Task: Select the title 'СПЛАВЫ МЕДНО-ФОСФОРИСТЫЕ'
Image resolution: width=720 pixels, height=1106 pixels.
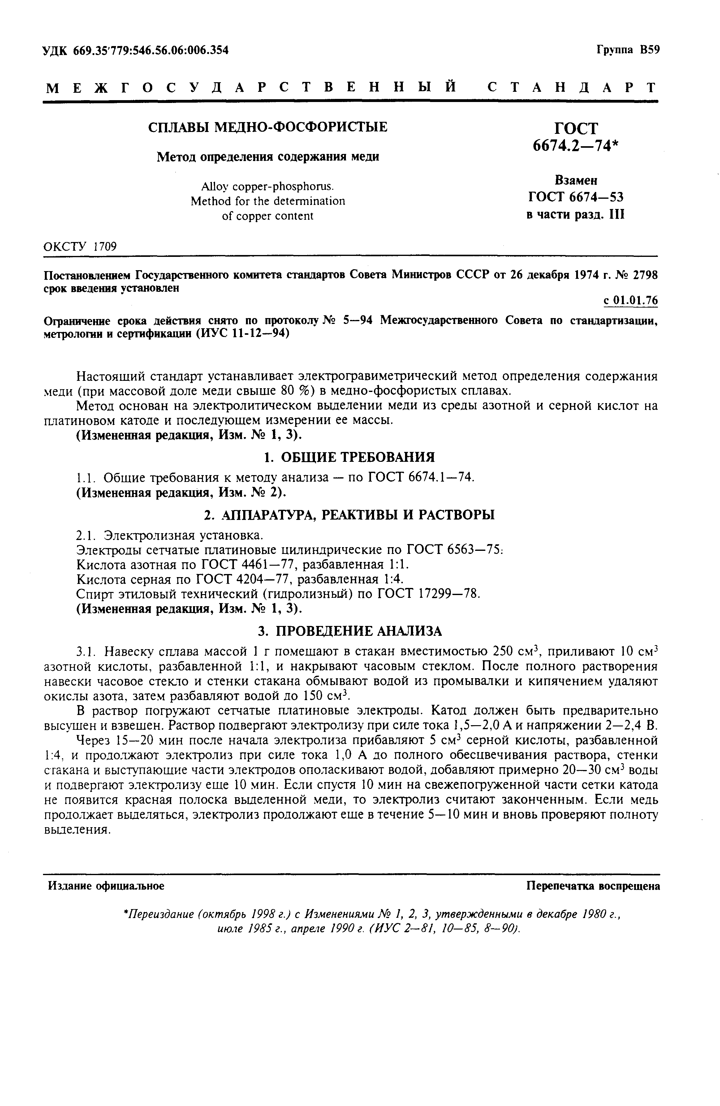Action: pyautogui.click(x=267, y=127)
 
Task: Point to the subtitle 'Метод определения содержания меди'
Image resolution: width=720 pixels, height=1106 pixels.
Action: pyautogui.click(x=267, y=157)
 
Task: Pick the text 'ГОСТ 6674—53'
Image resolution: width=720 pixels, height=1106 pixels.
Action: pyautogui.click(x=576, y=198)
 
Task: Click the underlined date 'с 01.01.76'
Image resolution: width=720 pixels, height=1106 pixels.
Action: pyautogui.click(x=630, y=301)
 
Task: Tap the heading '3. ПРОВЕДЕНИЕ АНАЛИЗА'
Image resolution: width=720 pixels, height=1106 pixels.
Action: pyautogui.click(x=349, y=631)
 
